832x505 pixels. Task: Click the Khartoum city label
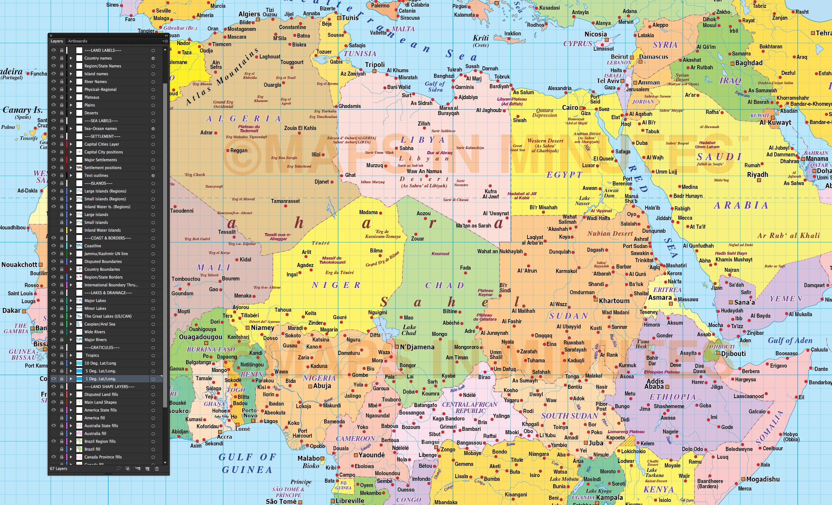[614, 301]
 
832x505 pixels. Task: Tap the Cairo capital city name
[570, 108]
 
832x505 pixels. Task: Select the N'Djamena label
[417, 347]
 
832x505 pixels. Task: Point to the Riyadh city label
[758, 175]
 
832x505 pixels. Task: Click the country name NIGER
[336, 285]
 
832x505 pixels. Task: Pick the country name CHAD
[444, 286]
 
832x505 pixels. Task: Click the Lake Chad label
[409, 330]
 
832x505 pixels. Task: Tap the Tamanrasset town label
[285, 201]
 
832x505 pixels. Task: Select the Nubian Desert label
[610, 234]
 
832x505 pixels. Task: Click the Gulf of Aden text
[790, 340]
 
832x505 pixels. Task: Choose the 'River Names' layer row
[95, 82]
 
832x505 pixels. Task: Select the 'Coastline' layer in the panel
[93, 246]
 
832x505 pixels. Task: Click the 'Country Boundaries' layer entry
[102, 269]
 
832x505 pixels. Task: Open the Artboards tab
[77, 41]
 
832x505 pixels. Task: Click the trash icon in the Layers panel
[157, 469]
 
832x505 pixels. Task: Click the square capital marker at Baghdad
[732, 63]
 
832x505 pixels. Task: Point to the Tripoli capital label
[374, 65]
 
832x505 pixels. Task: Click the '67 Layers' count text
[58, 469]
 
